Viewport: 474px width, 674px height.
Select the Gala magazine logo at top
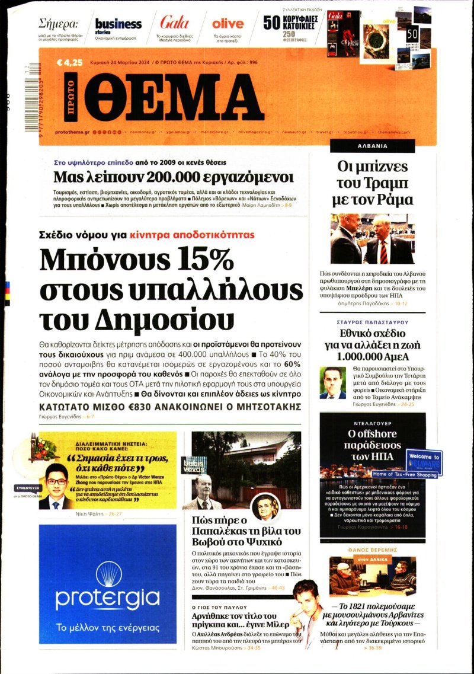pyautogui.click(x=174, y=23)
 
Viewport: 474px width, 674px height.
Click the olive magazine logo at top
pyautogui.click(x=228, y=24)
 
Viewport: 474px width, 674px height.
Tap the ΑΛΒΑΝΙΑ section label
pyautogui.click(x=372, y=145)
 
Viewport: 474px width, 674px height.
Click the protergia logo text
pyautogui.click(x=107, y=598)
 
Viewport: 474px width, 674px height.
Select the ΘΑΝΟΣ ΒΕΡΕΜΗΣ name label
pyautogui.click(x=372, y=550)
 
